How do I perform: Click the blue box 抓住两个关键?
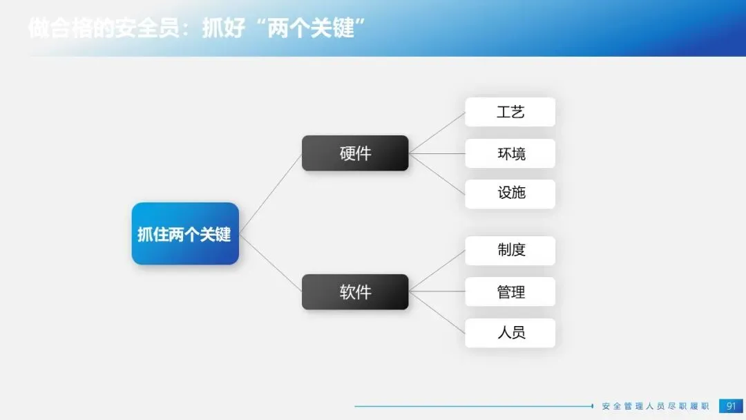[x=185, y=233]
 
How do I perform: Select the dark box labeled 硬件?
[x=355, y=153]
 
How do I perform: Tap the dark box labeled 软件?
[x=355, y=292]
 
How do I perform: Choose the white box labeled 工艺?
[x=510, y=112]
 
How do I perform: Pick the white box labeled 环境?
[x=510, y=153]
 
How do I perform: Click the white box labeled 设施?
[x=510, y=193]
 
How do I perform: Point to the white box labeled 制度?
[x=510, y=250]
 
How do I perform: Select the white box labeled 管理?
[x=510, y=292]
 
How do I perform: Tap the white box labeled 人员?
[x=510, y=332]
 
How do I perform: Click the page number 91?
[x=731, y=405]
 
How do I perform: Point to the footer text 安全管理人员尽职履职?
[x=656, y=406]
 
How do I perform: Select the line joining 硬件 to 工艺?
[x=437, y=133]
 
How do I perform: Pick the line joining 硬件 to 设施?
[x=437, y=173]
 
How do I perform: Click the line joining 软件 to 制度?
[x=437, y=270]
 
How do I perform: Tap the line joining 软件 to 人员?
[x=437, y=312]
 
